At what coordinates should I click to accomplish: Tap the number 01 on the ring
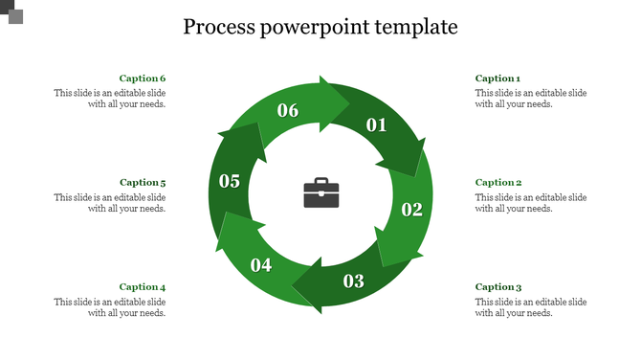(376, 124)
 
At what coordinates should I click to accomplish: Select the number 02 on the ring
(411, 210)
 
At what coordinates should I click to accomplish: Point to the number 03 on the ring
(354, 281)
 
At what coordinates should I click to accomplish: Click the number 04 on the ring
(261, 265)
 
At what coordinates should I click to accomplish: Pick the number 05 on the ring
(230, 181)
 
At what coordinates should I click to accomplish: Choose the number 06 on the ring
(288, 110)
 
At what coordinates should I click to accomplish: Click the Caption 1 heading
(497, 79)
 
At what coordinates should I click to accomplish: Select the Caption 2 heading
(497, 182)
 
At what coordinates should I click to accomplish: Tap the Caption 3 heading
(497, 286)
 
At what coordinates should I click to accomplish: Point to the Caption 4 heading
(143, 286)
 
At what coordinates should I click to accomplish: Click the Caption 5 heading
(143, 182)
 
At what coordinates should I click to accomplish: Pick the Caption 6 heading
(143, 79)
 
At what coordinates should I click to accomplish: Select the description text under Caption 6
(110, 99)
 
